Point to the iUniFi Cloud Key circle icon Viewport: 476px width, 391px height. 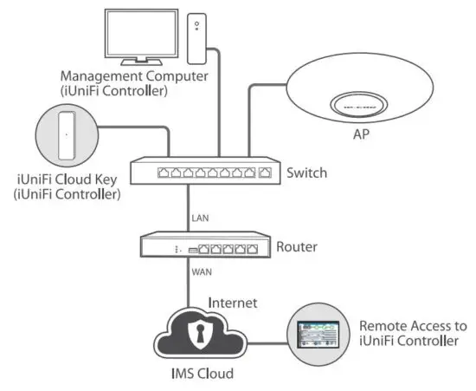pos(65,134)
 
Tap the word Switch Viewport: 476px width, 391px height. pos(306,173)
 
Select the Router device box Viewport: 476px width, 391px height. pos(203,247)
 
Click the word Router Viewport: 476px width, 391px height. pos(297,247)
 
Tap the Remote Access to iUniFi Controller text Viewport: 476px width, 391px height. pos(413,334)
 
